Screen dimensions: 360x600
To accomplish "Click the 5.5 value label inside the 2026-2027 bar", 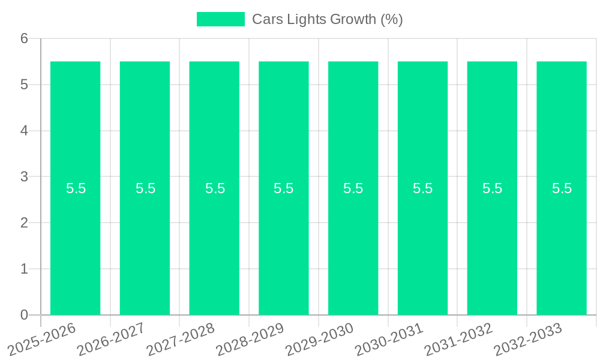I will pos(145,188).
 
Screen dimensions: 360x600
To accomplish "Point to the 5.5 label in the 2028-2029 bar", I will pos(284,188).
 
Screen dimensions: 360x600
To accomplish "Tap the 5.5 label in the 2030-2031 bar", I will pos(422,188).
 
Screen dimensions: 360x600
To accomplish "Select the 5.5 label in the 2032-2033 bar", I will pos(562,188).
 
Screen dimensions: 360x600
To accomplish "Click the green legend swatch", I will pos(220,19).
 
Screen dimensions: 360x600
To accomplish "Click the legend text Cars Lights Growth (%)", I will pos(327,19).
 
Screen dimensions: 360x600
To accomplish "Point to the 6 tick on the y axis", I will pos(24,38).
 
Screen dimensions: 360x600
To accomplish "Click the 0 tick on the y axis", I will pos(24,315).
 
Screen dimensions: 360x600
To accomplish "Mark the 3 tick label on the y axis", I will pos(24,177).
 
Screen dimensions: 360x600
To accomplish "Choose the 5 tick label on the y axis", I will pos(24,85).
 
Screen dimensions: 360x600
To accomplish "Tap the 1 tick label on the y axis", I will pos(24,269).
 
